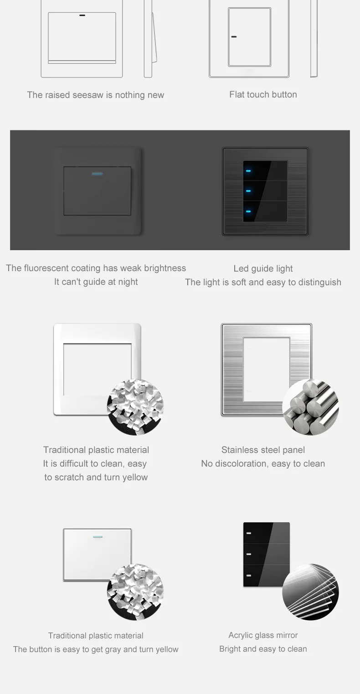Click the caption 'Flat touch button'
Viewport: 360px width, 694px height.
(x=263, y=95)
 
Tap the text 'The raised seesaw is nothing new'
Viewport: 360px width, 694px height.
(x=95, y=95)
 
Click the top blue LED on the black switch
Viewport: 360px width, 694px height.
(x=248, y=171)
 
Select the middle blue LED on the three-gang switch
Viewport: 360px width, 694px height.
(x=248, y=191)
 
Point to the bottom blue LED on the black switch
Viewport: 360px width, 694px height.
(x=248, y=211)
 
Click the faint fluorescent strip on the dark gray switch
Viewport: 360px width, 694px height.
(x=97, y=174)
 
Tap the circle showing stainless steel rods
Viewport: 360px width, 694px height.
(x=310, y=407)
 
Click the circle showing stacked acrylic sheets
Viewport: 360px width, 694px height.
(x=310, y=592)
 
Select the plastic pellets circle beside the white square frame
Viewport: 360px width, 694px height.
(x=135, y=407)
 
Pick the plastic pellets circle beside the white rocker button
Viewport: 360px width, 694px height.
(x=135, y=592)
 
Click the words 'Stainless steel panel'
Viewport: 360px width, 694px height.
(x=263, y=450)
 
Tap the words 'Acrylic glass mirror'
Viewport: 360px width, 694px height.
(x=263, y=635)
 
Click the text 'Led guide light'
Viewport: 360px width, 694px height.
(x=263, y=269)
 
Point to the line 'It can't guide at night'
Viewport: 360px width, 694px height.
(x=96, y=282)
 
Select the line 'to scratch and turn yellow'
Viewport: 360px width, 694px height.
(x=96, y=478)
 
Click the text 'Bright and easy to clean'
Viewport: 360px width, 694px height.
(x=263, y=649)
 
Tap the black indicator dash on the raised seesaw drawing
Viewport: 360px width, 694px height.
(x=82, y=15)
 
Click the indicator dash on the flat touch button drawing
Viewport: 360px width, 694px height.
(x=234, y=37)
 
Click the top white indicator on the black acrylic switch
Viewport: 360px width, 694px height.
(x=249, y=533)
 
